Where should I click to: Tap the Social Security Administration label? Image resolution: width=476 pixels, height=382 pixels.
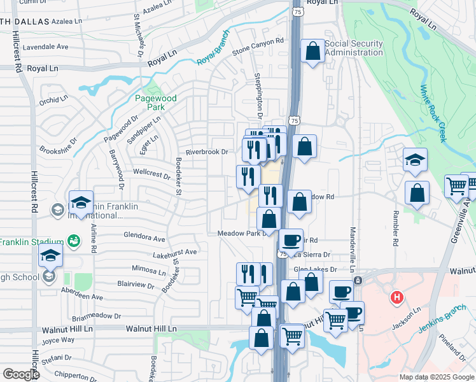354,48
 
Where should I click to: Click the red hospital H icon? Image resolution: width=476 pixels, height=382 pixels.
397,297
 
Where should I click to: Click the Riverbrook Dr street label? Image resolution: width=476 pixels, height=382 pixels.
206,152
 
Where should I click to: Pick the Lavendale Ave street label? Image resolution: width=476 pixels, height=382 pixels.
45,46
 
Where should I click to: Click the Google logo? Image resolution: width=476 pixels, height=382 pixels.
21,374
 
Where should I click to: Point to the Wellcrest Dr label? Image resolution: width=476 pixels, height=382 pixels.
152,173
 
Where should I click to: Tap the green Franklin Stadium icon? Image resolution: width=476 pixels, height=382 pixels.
74,241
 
